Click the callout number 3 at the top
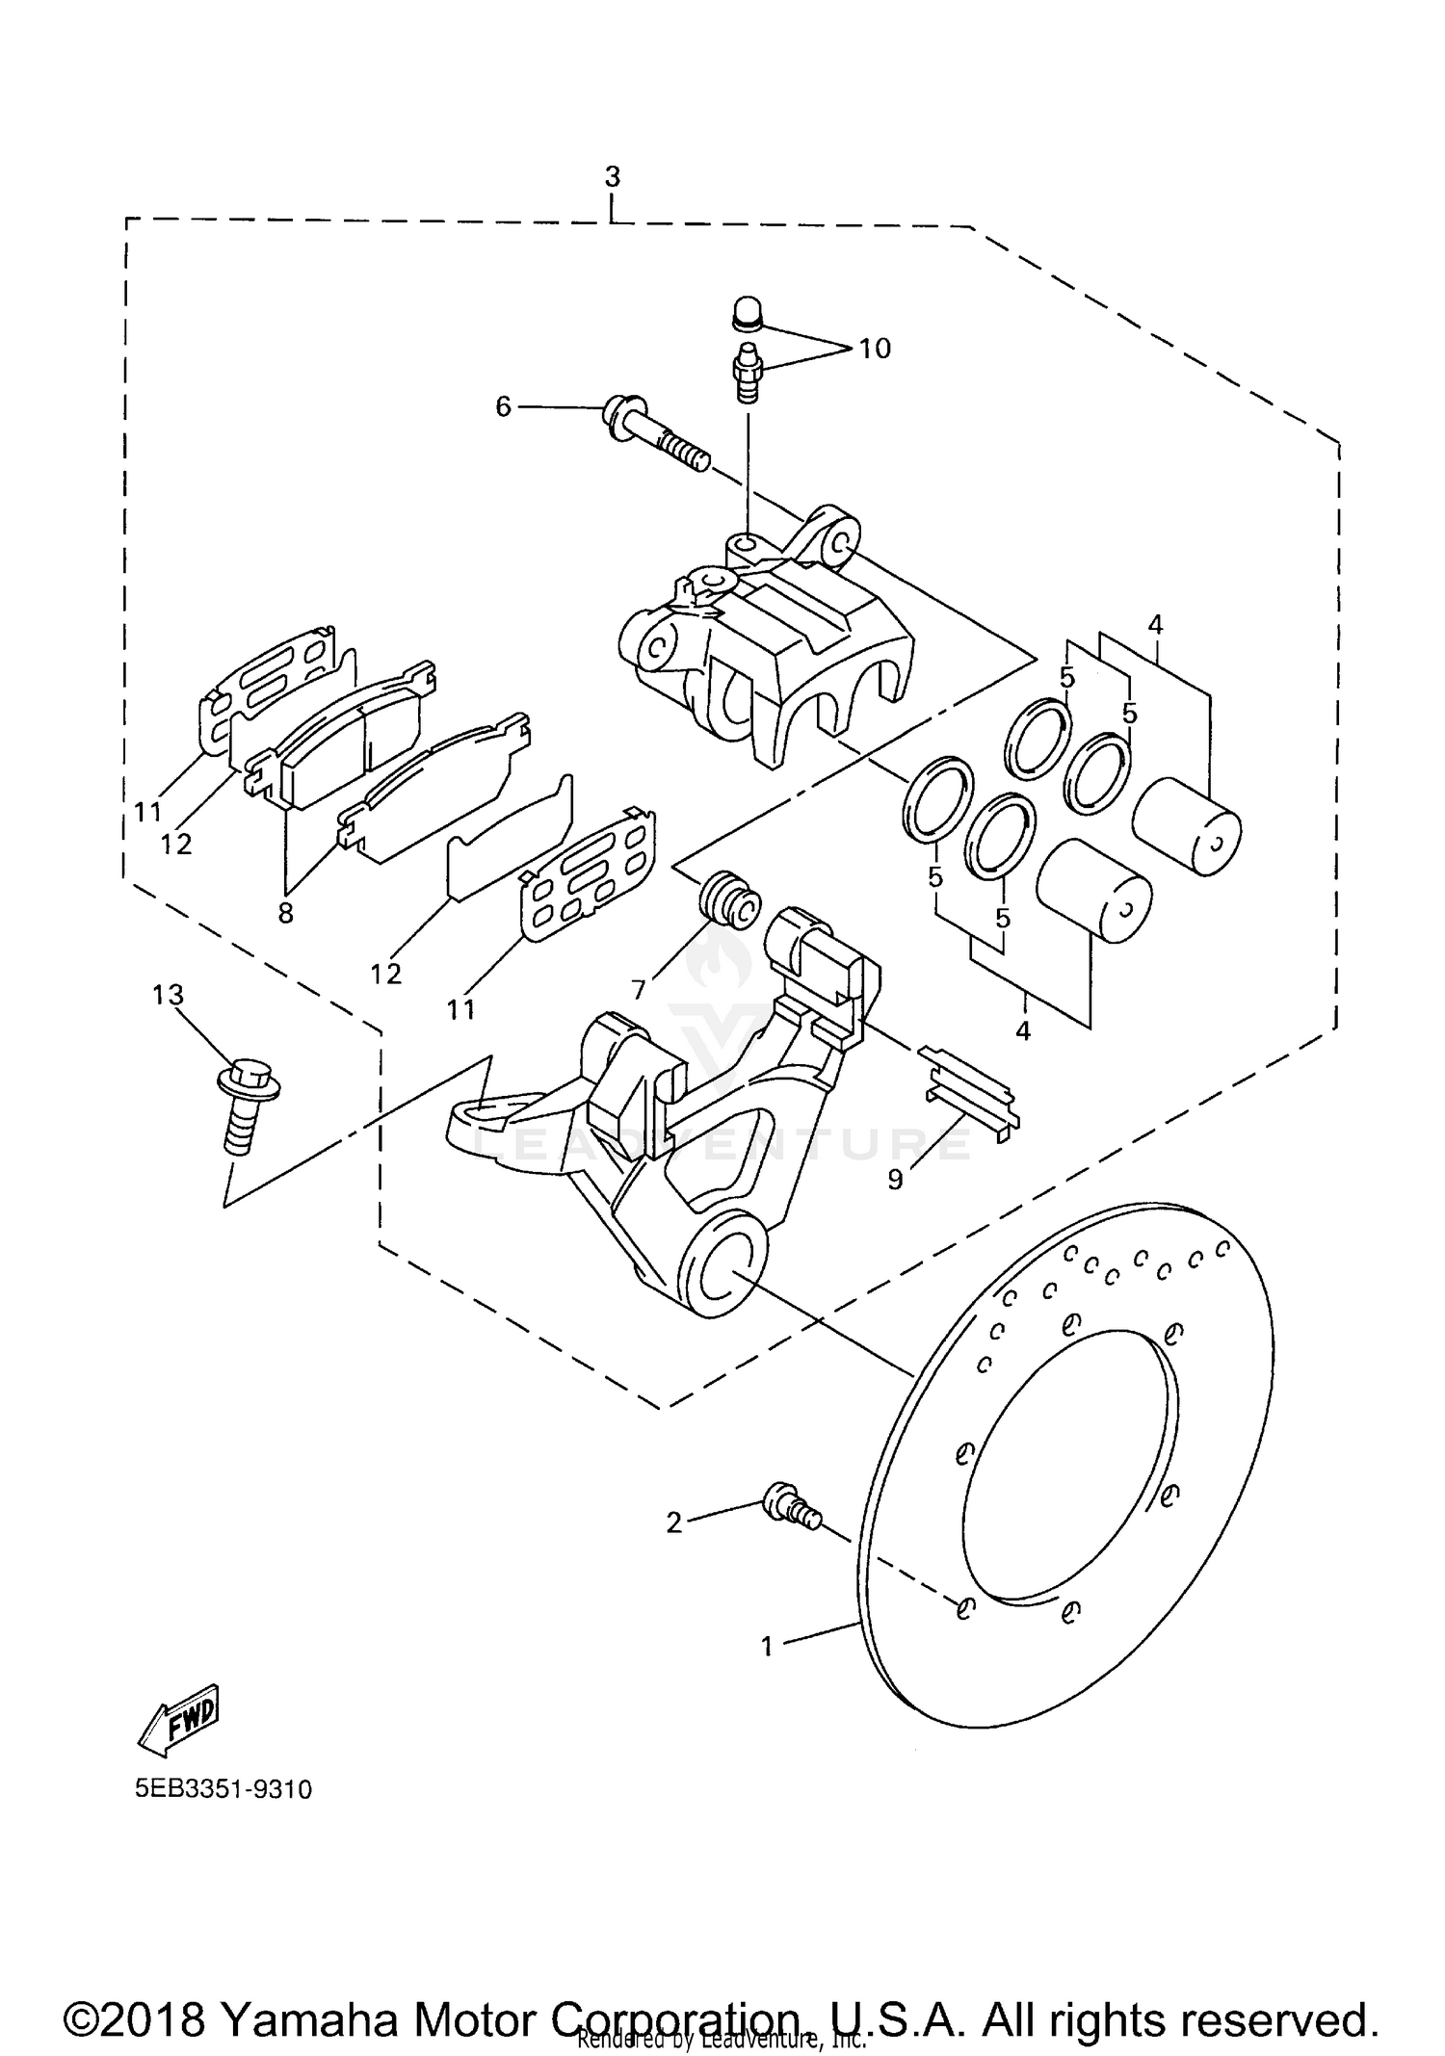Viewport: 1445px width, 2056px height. click(613, 177)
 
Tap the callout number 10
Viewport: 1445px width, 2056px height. click(875, 349)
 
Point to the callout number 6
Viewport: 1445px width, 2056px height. click(503, 406)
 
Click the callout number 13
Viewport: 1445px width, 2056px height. click(168, 995)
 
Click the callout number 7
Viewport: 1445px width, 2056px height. click(639, 989)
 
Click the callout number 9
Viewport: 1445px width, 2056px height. click(896, 1180)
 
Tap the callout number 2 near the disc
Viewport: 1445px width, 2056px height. click(674, 1522)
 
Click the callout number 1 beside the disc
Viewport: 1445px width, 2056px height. click(767, 1647)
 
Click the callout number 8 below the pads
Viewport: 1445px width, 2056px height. click(285, 913)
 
